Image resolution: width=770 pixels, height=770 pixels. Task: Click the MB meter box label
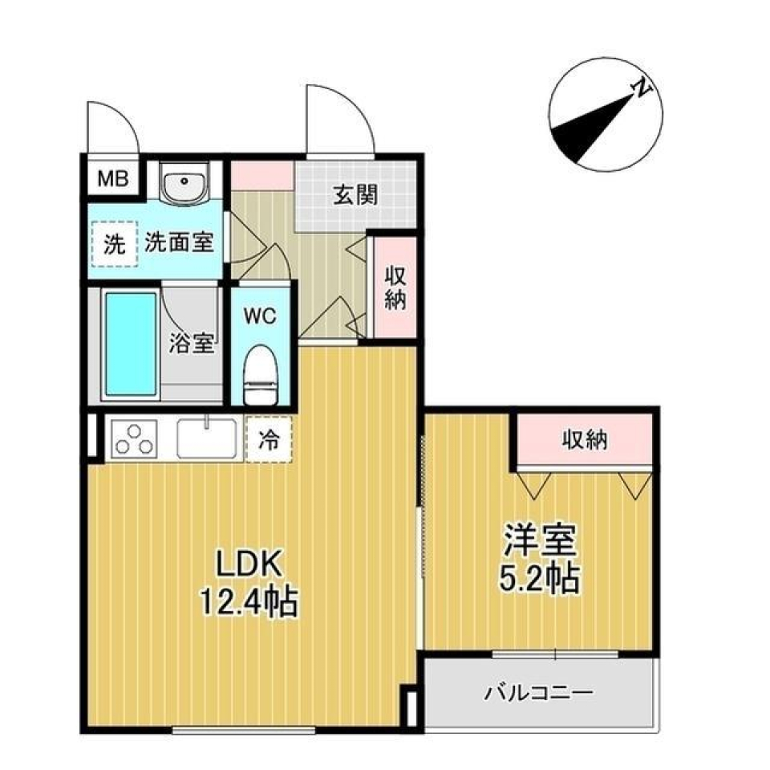(x=113, y=178)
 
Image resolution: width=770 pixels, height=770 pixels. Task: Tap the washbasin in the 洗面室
(x=184, y=184)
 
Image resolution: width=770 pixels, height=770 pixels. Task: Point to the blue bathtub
(x=130, y=343)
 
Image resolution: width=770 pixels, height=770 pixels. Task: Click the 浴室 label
(x=192, y=343)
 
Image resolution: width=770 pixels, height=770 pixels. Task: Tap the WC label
(x=260, y=316)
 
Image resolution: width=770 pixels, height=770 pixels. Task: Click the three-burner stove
(x=134, y=439)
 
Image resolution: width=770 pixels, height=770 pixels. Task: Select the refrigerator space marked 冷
(x=269, y=440)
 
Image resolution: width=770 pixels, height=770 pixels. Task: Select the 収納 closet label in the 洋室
(x=584, y=439)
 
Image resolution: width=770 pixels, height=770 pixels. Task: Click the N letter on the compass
(x=641, y=90)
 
